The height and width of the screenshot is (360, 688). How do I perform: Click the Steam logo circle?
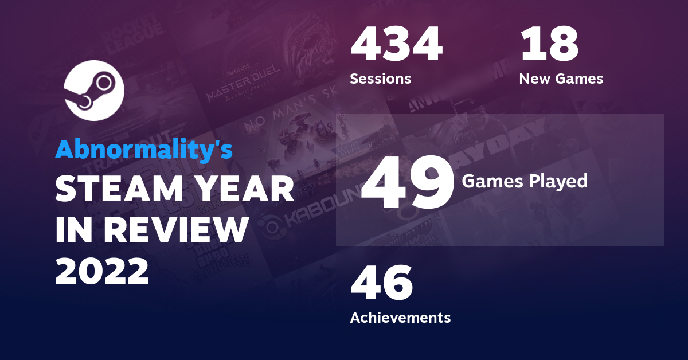(x=94, y=90)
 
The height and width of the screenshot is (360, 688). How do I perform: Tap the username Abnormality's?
(x=144, y=150)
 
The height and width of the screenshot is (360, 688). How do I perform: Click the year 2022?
(x=102, y=270)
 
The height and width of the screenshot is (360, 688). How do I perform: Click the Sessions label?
(x=380, y=79)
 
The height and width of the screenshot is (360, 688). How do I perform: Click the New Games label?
(x=561, y=79)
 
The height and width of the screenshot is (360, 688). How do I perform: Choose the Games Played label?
(x=525, y=181)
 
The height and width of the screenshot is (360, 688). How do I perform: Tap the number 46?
(x=381, y=284)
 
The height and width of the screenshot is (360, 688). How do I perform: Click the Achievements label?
(x=400, y=317)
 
